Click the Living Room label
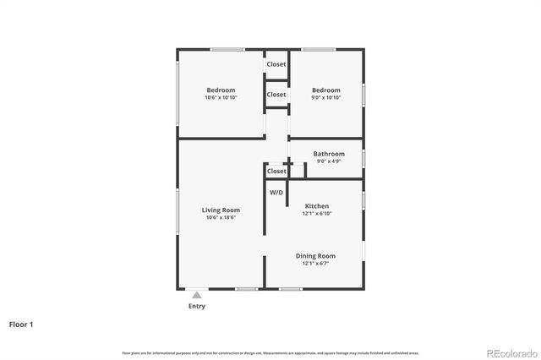(x=221, y=210)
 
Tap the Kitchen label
(x=317, y=206)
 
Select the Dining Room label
(x=315, y=256)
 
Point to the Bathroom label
(x=329, y=154)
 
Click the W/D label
(x=276, y=193)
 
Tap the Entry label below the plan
(x=196, y=306)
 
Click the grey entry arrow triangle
(x=196, y=294)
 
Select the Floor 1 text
(x=21, y=324)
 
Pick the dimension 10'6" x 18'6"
(x=221, y=217)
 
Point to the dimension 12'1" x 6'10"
(x=317, y=214)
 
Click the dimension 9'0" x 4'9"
(x=329, y=161)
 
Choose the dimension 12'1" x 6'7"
(x=315, y=264)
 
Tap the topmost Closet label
(x=276, y=64)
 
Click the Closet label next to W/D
(x=276, y=171)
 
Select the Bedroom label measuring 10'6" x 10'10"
(x=221, y=90)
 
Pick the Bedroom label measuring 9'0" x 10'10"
(x=325, y=90)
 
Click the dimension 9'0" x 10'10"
(x=325, y=98)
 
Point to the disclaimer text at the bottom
(x=270, y=352)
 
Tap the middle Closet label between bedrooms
(x=276, y=95)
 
